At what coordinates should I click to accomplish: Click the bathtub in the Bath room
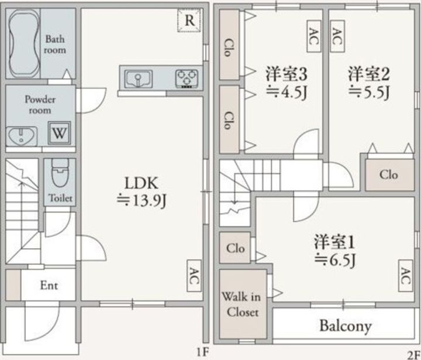(23, 44)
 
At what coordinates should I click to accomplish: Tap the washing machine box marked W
(59, 133)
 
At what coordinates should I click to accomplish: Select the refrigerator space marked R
(189, 20)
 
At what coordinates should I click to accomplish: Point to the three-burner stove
(187, 79)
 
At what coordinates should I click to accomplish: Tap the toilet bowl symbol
(60, 172)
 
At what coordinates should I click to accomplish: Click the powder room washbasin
(22, 136)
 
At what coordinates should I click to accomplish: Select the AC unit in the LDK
(194, 276)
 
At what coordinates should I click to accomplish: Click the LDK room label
(142, 183)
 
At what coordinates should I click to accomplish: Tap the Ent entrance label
(49, 285)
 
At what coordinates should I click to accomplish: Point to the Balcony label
(346, 326)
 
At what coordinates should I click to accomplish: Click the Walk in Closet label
(241, 304)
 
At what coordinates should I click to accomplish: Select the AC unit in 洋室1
(405, 276)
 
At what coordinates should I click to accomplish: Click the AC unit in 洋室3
(314, 36)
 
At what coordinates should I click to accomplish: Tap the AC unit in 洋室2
(337, 36)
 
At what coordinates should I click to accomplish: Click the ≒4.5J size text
(287, 92)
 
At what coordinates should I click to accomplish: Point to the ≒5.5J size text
(369, 92)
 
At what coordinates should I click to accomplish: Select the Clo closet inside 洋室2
(389, 175)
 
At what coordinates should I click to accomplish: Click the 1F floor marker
(202, 352)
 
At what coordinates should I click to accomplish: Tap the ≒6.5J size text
(336, 260)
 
